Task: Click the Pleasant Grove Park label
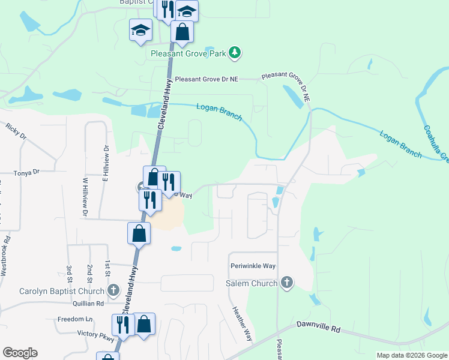click(x=188, y=53)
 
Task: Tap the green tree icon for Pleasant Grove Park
click(x=235, y=53)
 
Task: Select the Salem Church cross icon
click(x=286, y=283)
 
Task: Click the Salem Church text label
click(x=252, y=283)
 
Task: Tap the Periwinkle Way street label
click(x=253, y=265)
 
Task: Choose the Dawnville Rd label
click(x=318, y=329)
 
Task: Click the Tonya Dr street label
click(x=28, y=172)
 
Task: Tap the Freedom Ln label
click(x=76, y=319)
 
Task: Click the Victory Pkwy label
click(x=95, y=335)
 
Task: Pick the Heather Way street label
click(x=243, y=325)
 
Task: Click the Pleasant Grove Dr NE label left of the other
click(x=206, y=79)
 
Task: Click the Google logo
click(x=20, y=353)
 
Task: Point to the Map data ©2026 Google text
click(x=411, y=355)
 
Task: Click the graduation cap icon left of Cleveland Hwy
click(x=140, y=31)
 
